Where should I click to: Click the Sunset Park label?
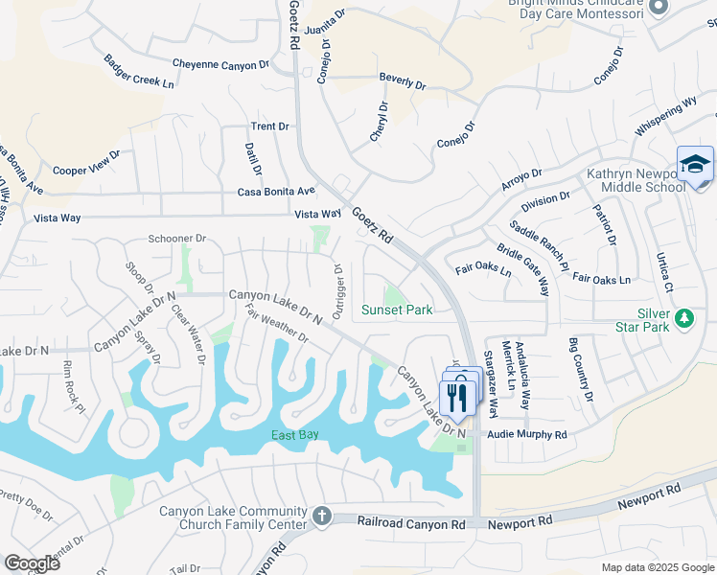397,310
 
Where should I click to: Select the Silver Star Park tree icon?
684,318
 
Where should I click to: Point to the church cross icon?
321,516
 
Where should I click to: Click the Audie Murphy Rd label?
527,434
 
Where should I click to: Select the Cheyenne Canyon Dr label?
222,65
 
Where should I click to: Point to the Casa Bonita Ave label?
276,192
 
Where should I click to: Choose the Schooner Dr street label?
177,239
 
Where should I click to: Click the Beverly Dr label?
403,80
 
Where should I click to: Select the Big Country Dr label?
581,370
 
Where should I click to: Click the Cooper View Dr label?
86,163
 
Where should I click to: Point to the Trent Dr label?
269,126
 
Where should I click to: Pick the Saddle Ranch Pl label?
539,245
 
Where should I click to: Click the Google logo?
32,563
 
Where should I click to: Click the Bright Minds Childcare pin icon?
658,8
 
